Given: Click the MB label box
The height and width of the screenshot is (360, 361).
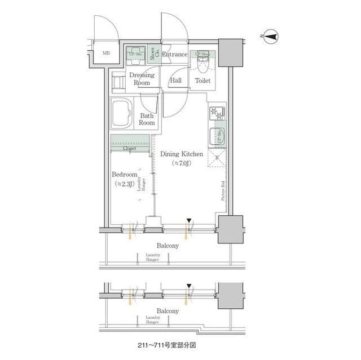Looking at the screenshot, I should click(105, 54).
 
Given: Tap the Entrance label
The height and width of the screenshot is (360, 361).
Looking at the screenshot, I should click(174, 55).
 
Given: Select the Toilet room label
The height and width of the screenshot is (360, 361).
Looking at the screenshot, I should click(202, 81).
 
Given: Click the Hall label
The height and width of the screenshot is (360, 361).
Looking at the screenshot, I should click(175, 81).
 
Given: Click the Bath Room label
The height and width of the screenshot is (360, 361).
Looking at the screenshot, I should click(147, 119).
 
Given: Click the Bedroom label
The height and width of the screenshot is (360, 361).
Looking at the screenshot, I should click(124, 175).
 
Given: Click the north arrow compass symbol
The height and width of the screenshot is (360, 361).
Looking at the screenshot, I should click(270, 37).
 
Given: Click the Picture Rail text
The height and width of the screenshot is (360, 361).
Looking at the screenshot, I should click(223, 190).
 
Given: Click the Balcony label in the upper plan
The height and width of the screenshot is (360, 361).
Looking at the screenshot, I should click(168, 246).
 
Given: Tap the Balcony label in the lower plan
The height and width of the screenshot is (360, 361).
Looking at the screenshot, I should click(168, 311).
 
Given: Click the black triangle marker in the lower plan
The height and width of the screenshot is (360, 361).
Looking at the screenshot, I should click(190, 286).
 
